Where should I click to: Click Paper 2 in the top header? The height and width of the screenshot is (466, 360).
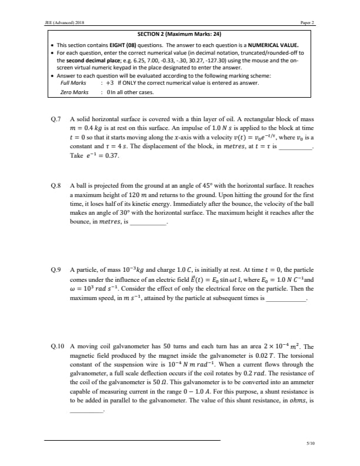tap(308, 22)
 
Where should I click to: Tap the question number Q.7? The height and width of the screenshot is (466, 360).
tap(56, 119)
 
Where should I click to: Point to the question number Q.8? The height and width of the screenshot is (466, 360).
tap(56, 185)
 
